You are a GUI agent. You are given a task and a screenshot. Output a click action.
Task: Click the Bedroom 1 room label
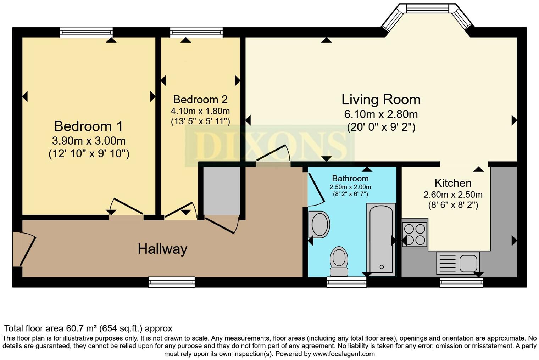pos(88,126)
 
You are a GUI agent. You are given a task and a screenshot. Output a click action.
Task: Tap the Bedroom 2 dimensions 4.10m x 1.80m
pos(200,111)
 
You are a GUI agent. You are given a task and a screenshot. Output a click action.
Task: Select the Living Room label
pos(381,100)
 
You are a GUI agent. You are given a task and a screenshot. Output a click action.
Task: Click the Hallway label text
pos(162,249)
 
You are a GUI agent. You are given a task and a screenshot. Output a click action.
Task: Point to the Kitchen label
pos(453,183)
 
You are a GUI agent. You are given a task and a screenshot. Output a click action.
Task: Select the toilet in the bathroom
pos(339,261)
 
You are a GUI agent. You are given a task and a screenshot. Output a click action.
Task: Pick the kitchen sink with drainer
pos(458,263)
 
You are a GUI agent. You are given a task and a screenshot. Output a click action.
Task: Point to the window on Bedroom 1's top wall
pos(86,33)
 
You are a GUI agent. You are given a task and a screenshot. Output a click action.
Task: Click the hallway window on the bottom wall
pos(172,282)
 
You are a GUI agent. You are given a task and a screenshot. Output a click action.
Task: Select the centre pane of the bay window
pos(427,9)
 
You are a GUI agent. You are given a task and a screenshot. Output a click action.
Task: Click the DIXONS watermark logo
pos(269,146)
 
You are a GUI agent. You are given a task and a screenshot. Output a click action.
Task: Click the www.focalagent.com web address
pos(344,354)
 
